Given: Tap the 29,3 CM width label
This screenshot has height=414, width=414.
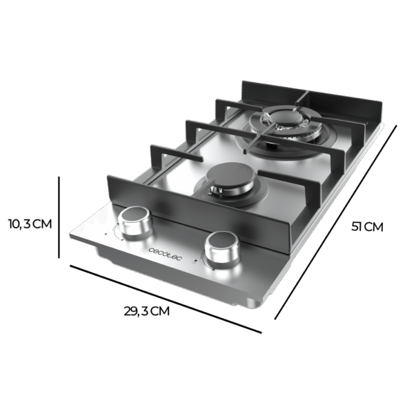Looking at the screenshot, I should click(x=147, y=311).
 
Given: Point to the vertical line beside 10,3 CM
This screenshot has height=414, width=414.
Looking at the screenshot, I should click(x=60, y=224).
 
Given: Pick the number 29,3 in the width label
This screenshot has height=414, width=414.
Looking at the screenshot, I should click(x=137, y=311).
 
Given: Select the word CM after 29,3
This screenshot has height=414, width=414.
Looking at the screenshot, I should click(x=159, y=311).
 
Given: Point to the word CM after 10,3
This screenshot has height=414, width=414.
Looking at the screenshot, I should click(x=43, y=224).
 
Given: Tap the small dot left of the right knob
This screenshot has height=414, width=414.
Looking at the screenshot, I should click(x=198, y=260).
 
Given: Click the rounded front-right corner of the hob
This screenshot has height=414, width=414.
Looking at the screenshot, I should click(x=261, y=304).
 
